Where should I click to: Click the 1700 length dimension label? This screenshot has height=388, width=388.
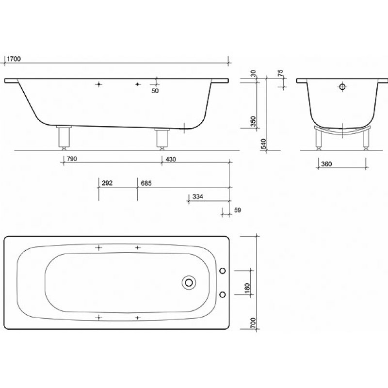point(14,59)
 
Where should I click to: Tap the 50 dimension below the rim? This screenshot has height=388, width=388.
point(155,91)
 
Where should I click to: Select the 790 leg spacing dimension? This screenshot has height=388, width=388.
point(72,159)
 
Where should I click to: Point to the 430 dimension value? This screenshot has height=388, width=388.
point(171,159)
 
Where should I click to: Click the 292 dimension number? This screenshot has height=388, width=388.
point(107,183)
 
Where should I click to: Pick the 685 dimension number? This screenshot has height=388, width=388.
point(146,183)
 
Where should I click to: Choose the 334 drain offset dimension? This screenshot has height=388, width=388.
point(198,196)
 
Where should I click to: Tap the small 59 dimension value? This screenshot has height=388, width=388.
point(237,210)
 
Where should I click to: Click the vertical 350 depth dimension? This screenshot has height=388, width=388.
point(253,121)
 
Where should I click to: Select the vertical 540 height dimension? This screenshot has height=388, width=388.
point(264,144)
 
